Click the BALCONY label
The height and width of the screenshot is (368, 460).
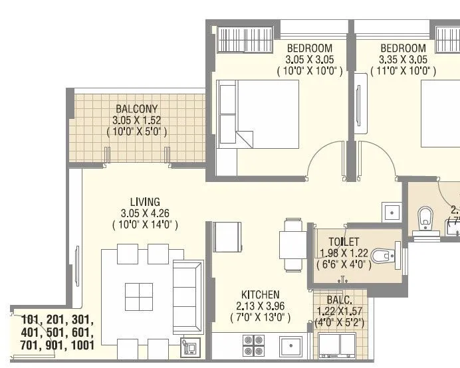(x=136, y=108)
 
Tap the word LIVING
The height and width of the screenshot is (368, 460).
(x=144, y=202)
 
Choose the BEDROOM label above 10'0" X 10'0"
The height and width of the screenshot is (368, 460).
(x=309, y=48)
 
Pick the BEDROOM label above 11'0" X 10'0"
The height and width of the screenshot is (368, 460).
(x=403, y=48)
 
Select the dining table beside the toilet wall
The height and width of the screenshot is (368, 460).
(x=292, y=244)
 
